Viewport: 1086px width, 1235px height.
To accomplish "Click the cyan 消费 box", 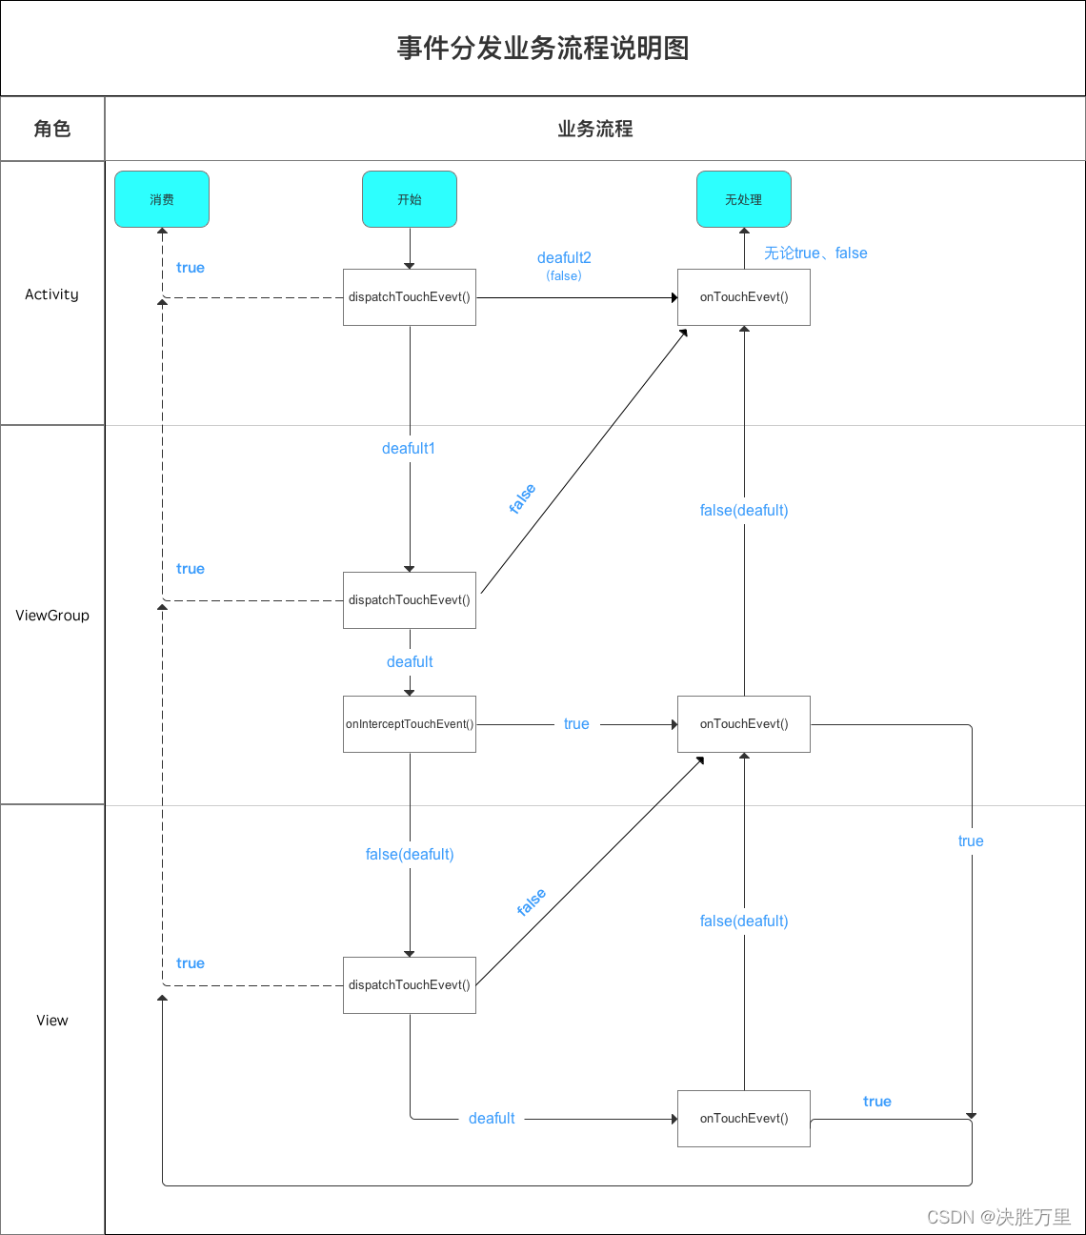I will coord(162,199).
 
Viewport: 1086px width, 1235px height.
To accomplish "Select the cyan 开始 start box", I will coord(410,199).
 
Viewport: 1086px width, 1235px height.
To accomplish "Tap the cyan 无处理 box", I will coord(744,199).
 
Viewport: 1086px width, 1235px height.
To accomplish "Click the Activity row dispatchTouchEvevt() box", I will coord(410,297).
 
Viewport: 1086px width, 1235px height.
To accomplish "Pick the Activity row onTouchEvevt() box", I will coord(744,297).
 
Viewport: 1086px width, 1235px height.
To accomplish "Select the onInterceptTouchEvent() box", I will coord(410,724).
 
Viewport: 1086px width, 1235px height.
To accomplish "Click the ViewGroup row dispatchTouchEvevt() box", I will coord(410,600).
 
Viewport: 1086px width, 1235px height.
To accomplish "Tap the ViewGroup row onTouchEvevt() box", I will coord(744,724).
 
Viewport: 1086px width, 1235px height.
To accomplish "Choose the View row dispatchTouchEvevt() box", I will coord(410,985).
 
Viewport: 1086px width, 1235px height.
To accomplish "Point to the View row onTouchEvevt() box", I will coord(744,1119).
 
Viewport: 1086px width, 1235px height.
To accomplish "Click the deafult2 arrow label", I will coord(564,258).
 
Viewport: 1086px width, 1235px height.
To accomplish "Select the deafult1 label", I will coord(409,449).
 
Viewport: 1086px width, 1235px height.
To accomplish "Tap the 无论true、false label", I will coord(815,253).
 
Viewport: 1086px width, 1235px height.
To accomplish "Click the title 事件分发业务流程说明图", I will coord(543,49).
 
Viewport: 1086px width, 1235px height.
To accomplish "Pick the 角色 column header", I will coord(52,129).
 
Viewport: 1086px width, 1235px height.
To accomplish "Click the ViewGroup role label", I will coord(52,616).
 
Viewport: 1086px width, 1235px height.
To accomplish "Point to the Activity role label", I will coord(52,294).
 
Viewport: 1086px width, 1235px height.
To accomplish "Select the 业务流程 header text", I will coord(595,129).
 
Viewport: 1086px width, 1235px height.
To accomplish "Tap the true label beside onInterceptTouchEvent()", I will coord(576,724).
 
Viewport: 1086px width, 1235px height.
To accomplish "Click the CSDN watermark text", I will coord(998,1217).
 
